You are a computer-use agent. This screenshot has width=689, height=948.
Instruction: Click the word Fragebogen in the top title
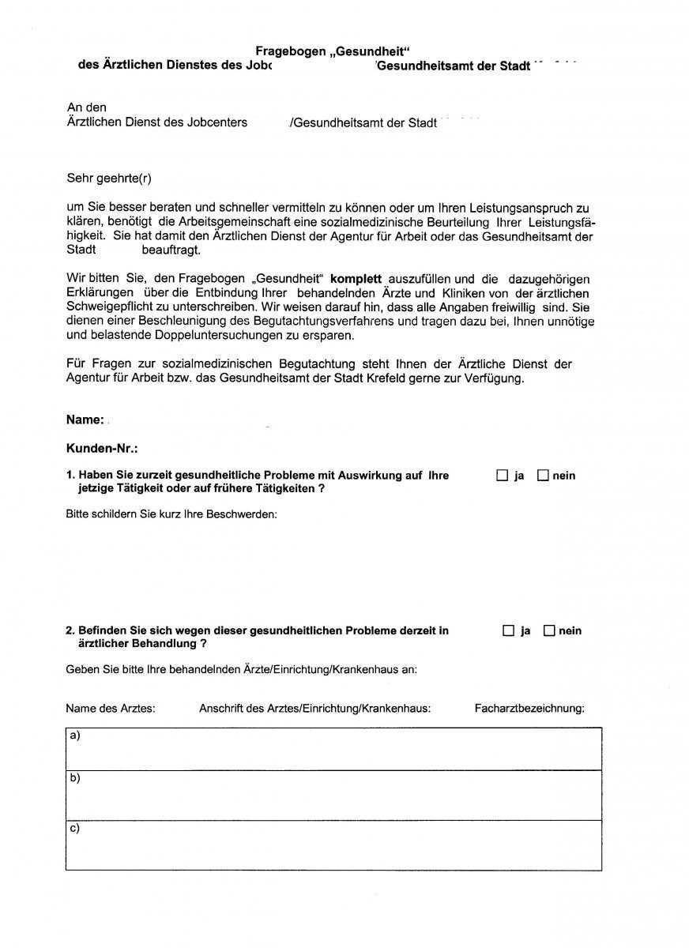(x=290, y=51)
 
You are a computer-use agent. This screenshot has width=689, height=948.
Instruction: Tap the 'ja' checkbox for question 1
(x=503, y=476)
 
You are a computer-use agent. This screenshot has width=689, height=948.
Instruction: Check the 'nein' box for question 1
(x=543, y=476)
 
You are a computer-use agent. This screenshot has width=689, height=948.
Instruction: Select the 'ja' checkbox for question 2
(x=509, y=630)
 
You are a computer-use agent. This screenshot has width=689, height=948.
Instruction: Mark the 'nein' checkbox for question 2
(x=549, y=630)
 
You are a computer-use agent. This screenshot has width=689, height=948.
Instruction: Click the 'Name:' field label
(x=85, y=419)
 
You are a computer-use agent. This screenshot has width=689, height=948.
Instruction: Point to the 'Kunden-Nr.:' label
(x=102, y=449)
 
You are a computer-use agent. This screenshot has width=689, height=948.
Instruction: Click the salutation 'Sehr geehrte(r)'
(x=109, y=179)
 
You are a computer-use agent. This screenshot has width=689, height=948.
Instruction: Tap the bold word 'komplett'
(x=356, y=279)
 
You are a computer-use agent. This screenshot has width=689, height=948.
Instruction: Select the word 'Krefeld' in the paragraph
(x=421, y=378)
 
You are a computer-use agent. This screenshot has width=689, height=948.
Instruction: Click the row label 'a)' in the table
(x=75, y=735)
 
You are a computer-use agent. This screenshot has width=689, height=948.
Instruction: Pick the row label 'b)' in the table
(x=75, y=778)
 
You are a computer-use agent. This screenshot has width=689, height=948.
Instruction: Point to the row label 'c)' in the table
(x=75, y=828)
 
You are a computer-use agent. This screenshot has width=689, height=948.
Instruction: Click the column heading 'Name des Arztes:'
(x=111, y=708)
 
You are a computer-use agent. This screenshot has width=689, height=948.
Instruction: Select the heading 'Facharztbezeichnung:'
(x=529, y=708)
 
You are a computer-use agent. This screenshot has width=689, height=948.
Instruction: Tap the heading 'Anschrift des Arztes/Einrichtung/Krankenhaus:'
(x=314, y=708)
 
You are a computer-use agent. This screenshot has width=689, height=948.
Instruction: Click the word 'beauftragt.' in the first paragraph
(x=171, y=250)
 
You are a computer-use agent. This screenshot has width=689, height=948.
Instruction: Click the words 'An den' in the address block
(x=87, y=107)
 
